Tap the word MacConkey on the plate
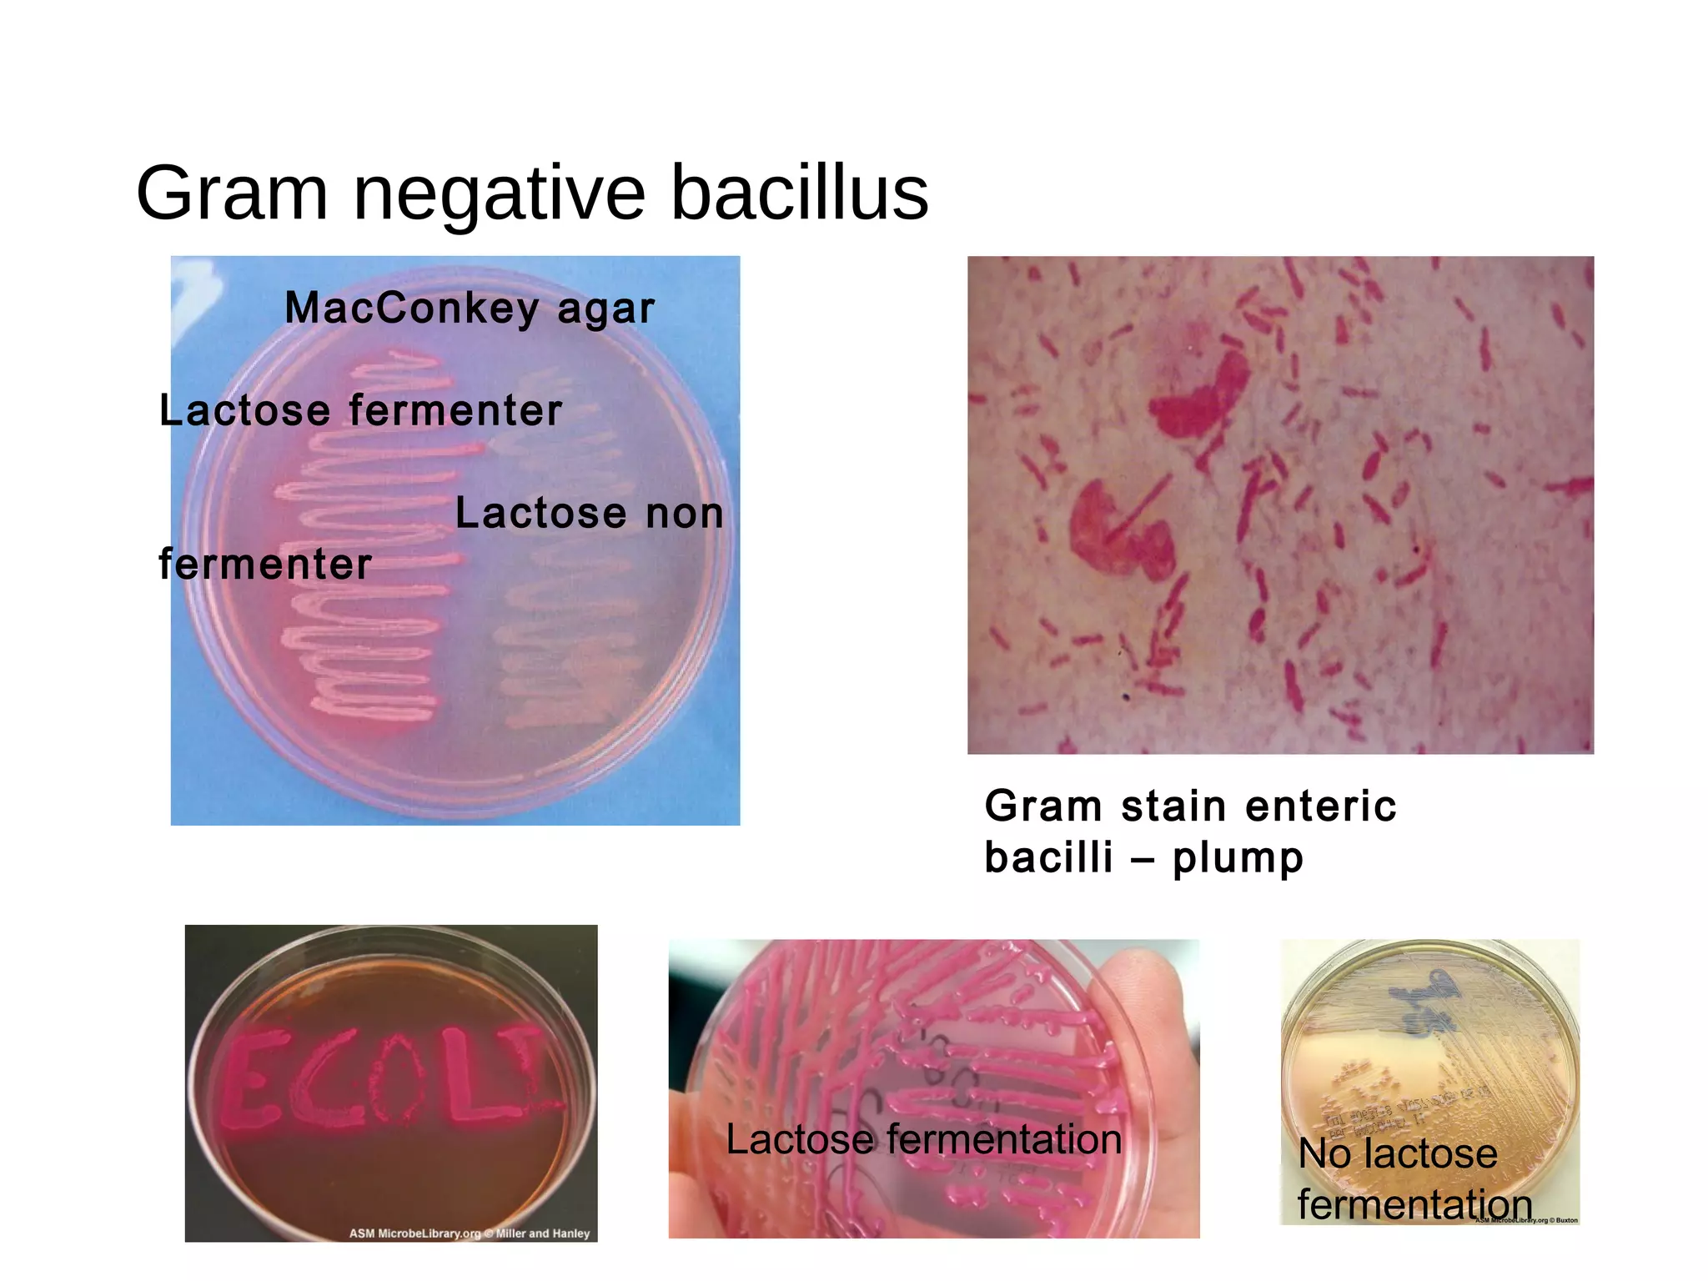coord(412,309)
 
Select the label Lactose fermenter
coord(360,411)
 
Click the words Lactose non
coord(589,513)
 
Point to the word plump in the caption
coord(1238,858)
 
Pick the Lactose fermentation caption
coord(923,1139)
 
